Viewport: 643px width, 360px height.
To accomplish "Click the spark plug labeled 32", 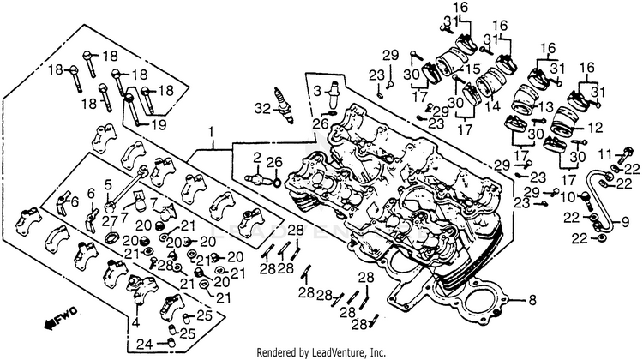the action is tap(285, 105).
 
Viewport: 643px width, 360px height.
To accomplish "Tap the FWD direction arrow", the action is tap(61, 318).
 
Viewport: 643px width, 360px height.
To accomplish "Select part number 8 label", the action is tap(532, 301).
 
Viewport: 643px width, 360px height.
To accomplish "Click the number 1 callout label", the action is tap(211, 133).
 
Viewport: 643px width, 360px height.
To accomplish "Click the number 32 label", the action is tap(262, 109).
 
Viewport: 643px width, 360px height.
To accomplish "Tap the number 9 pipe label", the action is tap(625, 223).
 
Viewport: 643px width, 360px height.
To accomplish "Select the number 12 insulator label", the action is tap(595, 128).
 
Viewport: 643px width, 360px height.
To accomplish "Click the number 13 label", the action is tap(546, 108).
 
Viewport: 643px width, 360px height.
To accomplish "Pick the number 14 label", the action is tap(493, 107).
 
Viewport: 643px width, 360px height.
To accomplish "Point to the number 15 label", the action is tap(472, 69).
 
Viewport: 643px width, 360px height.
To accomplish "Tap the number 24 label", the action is tap(145, 344).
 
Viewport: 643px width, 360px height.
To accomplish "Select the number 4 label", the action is tap(135, 322).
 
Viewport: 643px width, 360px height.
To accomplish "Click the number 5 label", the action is tap(108, 185).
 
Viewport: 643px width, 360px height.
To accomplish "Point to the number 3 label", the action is tap(318, 90).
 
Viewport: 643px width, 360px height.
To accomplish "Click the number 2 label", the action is tap(257, 158).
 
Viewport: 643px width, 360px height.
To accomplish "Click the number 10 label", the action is tap(568, 198).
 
